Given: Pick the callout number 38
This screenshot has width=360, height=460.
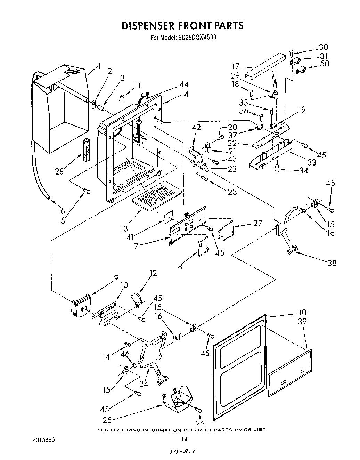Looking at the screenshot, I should pos(332,263).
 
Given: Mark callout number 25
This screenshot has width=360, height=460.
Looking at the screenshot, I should pos(107,420).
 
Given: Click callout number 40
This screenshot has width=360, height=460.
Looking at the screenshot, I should pos(302,313).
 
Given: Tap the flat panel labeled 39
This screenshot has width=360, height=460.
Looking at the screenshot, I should pos(290,373).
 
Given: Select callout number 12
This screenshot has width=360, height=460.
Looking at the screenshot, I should pos(153,273).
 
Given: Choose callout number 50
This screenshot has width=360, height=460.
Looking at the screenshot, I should pos(325,63).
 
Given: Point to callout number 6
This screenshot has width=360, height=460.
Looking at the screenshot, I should pos(63,210).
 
